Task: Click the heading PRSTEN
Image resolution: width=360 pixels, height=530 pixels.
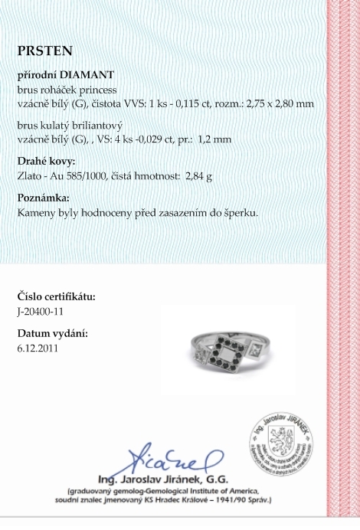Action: coord(44,51)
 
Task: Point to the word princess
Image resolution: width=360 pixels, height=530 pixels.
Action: coord(96,89)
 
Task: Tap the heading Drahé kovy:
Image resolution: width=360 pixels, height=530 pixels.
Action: coord(47,162)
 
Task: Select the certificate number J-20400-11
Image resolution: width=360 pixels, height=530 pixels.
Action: coord(44,311)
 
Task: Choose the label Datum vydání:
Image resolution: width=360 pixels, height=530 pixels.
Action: coord(52,334)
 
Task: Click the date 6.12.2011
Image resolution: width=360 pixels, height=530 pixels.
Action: coord(38,348)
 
